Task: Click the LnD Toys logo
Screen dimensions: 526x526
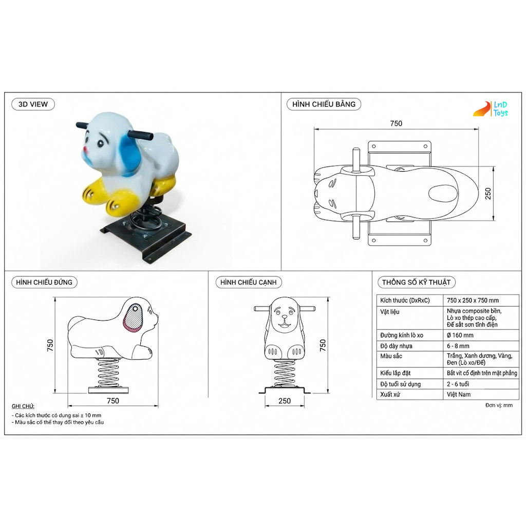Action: [x=491, y=109]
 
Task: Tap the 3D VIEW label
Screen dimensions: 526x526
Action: [x=33, y=104]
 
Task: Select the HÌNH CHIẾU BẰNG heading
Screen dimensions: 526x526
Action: [x=324, y=104]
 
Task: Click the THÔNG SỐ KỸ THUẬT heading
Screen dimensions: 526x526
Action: [x=416, y=283]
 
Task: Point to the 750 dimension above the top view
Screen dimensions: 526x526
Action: [x=396, y=123]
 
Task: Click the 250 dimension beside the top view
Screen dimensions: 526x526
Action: [x=488, y=194]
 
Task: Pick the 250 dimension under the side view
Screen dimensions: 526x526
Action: [x=285, y=401]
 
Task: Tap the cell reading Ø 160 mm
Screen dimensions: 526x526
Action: [x=460, y=335]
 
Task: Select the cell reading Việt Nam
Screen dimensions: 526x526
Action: [x=459, y=394]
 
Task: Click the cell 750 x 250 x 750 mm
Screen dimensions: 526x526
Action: [x=473, y=300]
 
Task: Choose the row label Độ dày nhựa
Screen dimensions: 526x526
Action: [x=396, y=346]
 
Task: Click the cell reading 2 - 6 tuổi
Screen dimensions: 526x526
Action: [x=458, y=384]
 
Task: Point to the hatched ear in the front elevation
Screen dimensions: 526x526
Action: [x=133, y=318]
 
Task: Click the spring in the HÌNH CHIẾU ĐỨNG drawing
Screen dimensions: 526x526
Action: [x=108, y=372]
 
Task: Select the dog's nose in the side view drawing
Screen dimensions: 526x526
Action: [x=285, y=316]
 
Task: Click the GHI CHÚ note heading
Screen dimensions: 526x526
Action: [x=23, y=406]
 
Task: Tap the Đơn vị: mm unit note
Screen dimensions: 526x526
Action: [x=499, y=405]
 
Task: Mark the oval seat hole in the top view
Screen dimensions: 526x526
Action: [x=443, y=194]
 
